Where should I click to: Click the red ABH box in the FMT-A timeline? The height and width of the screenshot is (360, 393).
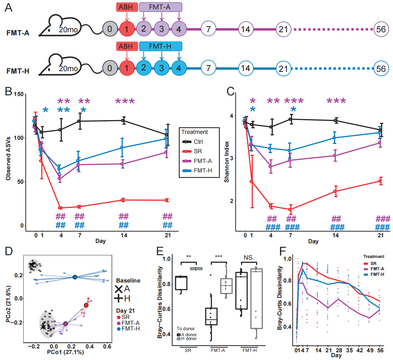tap(127, 7)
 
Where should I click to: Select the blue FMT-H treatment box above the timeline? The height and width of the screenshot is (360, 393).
tap(161, 46)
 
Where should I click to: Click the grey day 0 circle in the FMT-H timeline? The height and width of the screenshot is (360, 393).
tap(110, 68)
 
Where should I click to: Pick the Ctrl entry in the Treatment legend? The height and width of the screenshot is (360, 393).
tap(195, 142)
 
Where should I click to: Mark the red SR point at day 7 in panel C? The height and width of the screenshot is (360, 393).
tap(290, 210)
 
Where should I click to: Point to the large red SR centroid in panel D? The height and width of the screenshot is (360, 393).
tap(86, 305)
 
